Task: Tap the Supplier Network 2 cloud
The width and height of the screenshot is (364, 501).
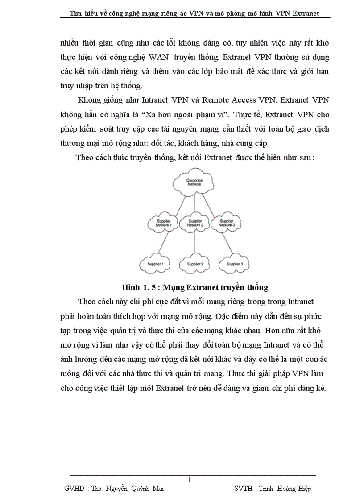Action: point(195,224)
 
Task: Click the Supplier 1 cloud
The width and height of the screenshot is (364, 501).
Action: point(156,264)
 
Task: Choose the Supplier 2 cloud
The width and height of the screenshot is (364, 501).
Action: point(195,264)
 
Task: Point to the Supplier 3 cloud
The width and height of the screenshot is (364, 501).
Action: point(234,264)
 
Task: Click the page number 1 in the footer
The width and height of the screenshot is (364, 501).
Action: point(190,480)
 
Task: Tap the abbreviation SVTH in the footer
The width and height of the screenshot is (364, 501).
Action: point(244,489)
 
